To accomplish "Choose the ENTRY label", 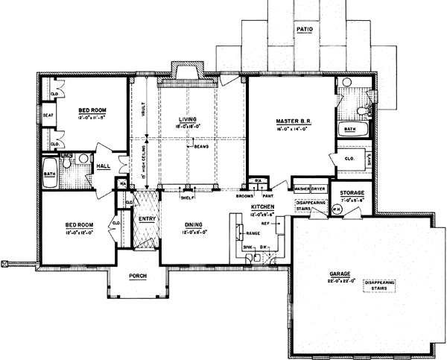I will click(145, 219).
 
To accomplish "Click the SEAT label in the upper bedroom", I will click(47, 116).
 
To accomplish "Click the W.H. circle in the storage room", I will click(336, 209).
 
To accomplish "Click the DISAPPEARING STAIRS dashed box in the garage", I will click(379, 288).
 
